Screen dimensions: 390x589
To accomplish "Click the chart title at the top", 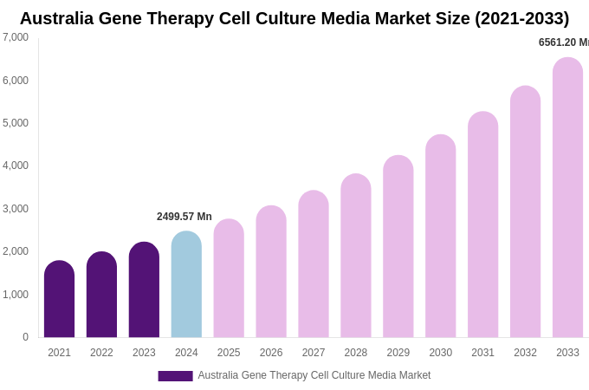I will coord(294,18).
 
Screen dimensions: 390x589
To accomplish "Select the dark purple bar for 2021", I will coord(59,299).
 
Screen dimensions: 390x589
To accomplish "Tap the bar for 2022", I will coord(101,295).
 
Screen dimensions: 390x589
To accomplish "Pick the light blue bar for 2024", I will coord(186,284).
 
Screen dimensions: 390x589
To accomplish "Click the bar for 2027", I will coord(314,264).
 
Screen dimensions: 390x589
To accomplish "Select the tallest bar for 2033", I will coord(567,198).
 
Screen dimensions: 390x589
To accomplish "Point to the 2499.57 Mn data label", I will coord(184,217).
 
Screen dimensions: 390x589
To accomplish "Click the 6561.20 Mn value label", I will coord(563,42).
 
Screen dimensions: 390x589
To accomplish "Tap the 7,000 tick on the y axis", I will coord(16,37).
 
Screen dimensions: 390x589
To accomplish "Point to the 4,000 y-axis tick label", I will coord(16,166).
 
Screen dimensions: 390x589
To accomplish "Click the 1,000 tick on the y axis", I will coord(16,295).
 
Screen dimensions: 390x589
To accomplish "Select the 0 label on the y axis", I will coord(25,337).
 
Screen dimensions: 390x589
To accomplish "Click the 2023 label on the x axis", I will coord(144,353).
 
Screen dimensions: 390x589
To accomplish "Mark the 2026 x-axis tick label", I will coord(271,353).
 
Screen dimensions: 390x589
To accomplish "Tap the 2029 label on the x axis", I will coord(398,353).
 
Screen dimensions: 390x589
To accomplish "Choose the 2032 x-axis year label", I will coord(525,353).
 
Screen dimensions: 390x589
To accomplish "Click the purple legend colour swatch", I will coord(175,376).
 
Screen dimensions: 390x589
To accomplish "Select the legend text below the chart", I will coord(314,375).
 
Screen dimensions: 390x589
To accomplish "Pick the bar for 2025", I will coord(229,278).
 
